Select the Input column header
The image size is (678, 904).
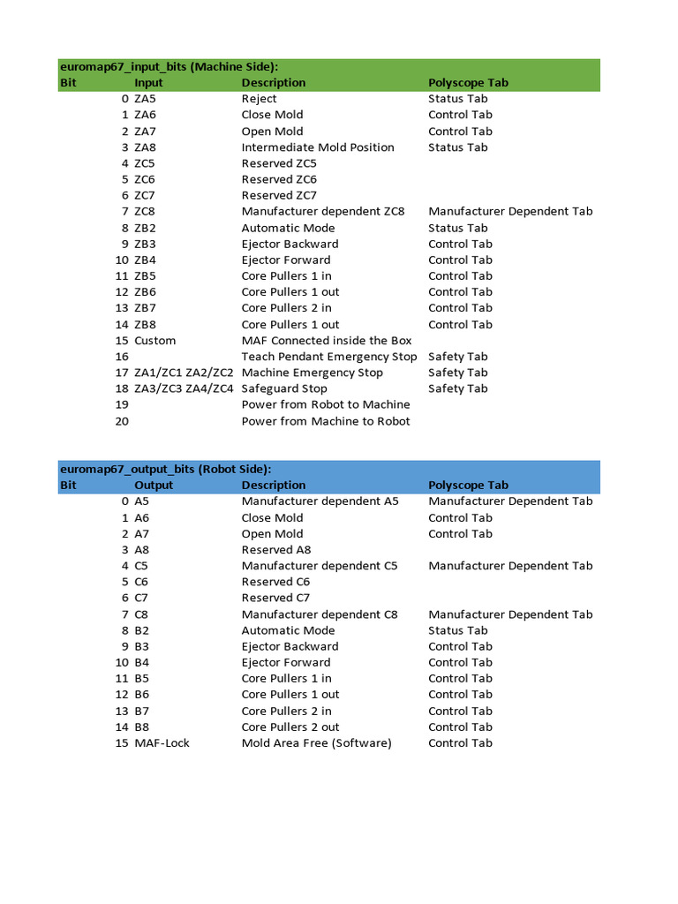(x=148, y=83)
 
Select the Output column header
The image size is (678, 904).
(x=154, y=486)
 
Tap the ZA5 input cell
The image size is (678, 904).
(x=145, y=99)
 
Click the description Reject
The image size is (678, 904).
(x=259, y=99)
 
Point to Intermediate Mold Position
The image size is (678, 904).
(x=318, y=147)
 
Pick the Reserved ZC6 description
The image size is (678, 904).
(x=279, y=179)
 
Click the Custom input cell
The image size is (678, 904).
(x=154, y=341)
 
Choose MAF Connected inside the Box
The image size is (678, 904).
(x=327, y=341)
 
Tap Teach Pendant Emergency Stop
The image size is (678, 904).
(x=328, y=357)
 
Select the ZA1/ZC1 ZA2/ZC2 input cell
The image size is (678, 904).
(x=184, y=373)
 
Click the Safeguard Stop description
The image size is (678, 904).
(x=284, y=388)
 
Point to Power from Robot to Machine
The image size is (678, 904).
(x=326, y=404)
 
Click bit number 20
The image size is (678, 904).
(x=122, y=421)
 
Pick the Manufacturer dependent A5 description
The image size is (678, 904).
(x=320, y=501)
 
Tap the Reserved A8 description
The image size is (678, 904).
(x=276, y=550)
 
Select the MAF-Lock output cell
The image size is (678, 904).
(x=162, y=743)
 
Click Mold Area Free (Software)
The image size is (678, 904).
(x=316, y=743)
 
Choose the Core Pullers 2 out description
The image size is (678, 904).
(x=290, y=727)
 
